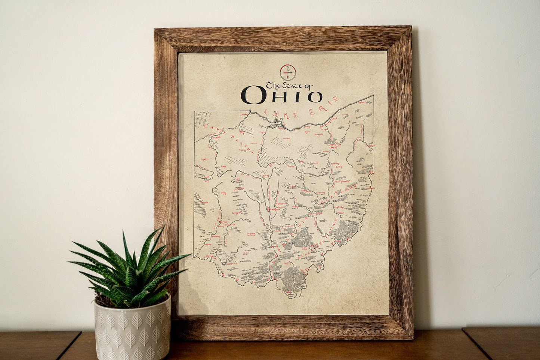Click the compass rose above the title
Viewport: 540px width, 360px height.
(288, 72)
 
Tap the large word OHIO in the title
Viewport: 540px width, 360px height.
(281, 95)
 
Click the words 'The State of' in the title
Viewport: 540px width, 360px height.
(289, 85)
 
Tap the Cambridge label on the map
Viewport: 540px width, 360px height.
(338, 207)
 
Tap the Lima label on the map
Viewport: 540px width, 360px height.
(224, 167)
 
